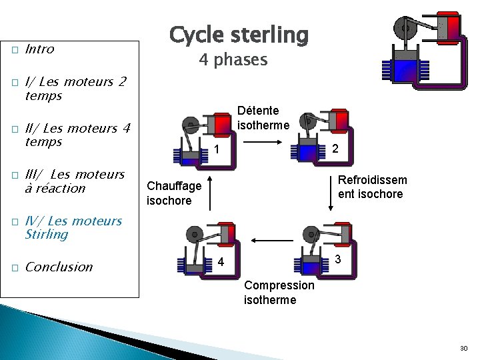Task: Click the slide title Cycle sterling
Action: click(239, 34)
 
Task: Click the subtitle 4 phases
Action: click(233, 60)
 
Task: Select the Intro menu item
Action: click(39, 49)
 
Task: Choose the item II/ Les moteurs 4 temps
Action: click(77, 135)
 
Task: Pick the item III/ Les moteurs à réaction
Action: click(74, 181)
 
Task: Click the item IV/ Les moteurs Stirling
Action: click(73, 227)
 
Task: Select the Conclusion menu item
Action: click(59, 267)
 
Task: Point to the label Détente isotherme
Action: click(264, 117)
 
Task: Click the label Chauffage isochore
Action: click(169, 193)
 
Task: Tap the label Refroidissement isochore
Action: click(372, 187)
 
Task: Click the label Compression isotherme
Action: click(279, 292)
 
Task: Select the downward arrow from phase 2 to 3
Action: click(330, 193)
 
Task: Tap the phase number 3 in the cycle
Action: click(338, 259)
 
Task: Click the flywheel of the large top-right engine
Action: click(404, 27)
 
